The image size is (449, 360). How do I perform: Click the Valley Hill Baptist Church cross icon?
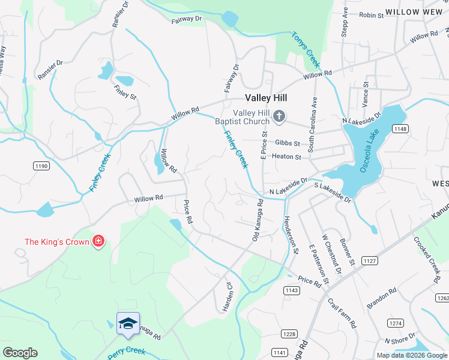tap(279, 116)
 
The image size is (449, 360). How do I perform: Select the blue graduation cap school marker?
tap(128, 324)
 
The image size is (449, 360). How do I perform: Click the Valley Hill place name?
tap(266, 98)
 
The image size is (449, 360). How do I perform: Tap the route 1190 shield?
tap(41, 165)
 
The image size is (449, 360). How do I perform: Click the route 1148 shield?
tap(400, 129)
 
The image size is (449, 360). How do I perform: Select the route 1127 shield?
tap(369, 260)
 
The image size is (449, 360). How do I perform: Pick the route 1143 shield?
tap(292, 290)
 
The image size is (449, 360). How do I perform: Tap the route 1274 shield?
tap(395, 323)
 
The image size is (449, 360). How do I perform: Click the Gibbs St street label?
tap(288, 143)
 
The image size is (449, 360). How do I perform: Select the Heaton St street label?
tap(286, 157)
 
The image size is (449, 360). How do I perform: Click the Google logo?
tap(20, 353)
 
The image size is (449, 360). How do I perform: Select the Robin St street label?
tap(370, 15)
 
